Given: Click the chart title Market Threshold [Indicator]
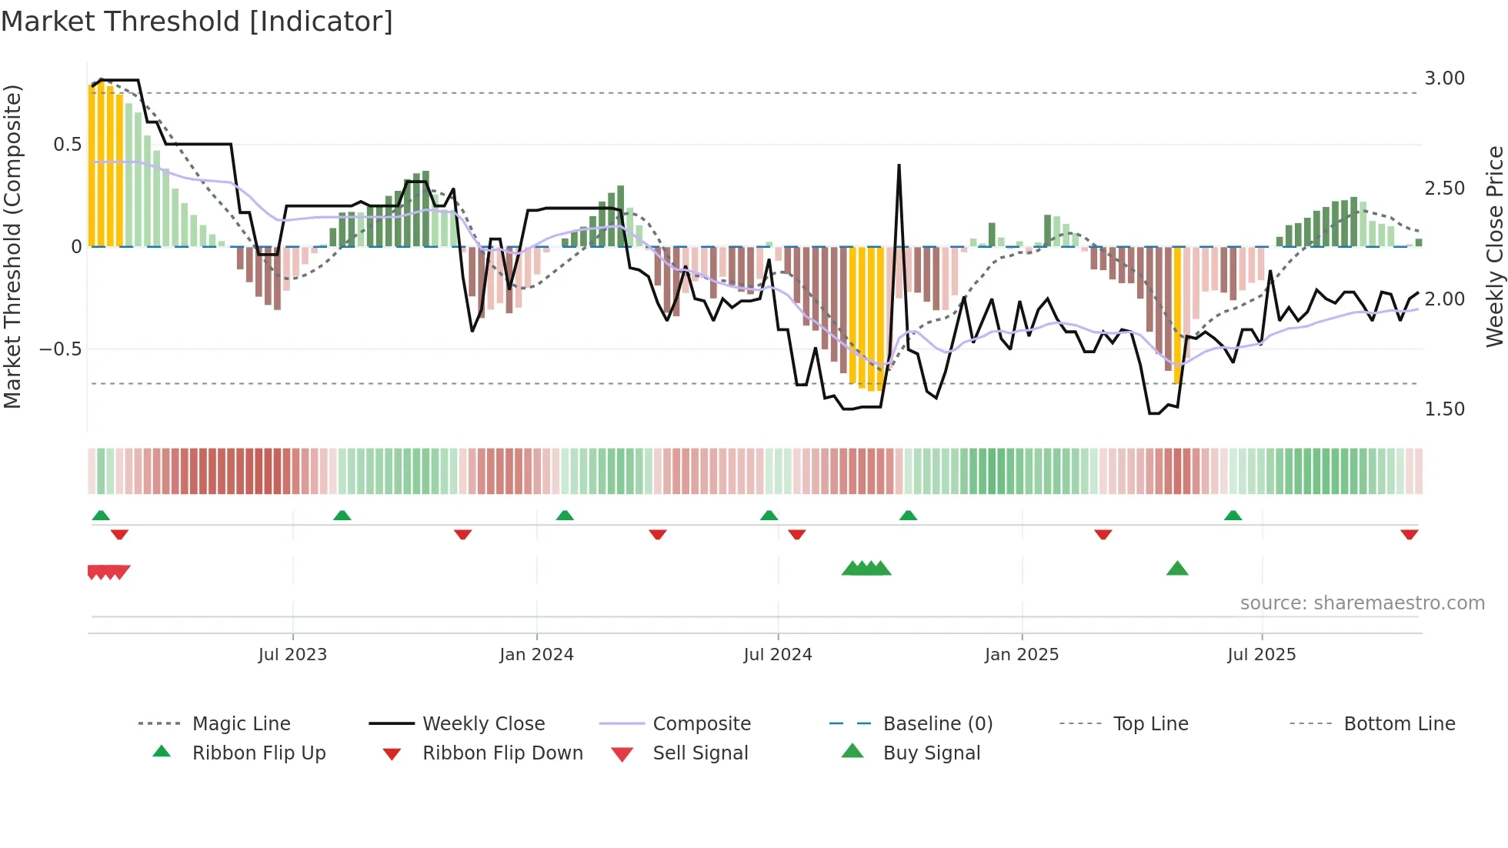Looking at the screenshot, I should [197, 22].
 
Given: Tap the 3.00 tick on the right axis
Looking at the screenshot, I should [1444, 78].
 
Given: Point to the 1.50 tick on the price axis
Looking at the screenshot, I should [1444, 409].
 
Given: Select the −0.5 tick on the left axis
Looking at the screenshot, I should [60, 349].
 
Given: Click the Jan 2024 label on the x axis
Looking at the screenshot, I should [536, 655].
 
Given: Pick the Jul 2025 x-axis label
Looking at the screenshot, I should [1261, 655].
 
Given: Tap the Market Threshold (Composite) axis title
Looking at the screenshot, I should [12, 246].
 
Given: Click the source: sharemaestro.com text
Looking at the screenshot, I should [1362, 603].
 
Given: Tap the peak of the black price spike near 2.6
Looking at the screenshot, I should [899, 165].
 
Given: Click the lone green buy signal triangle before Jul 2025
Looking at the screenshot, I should [1177, 569].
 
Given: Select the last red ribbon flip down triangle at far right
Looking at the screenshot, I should [1409, 534].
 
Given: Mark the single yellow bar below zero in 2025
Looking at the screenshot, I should [1177, 315].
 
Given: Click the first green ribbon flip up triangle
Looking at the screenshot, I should [101, 516].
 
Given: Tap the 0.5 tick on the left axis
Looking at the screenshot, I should [67, 145].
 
